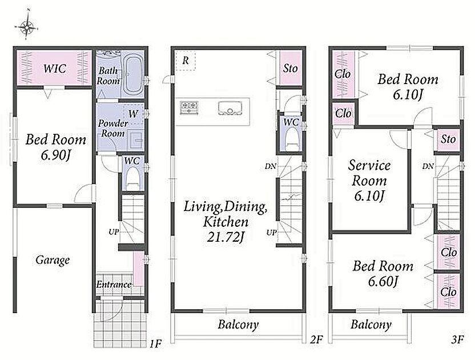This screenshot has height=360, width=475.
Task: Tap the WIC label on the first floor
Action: coord(55,68)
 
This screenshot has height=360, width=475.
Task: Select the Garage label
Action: coord(53,260)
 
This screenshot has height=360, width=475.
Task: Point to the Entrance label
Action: coord(114,285)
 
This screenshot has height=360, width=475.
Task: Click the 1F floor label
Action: coord(155,344)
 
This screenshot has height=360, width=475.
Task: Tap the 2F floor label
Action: coord(316,339)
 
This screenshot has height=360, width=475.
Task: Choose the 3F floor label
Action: coord(457,339)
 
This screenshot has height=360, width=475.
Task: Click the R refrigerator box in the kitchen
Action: coord(186,61)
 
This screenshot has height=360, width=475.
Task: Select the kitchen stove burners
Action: coord(190,107)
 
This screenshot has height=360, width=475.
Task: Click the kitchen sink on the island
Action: coord(231,108)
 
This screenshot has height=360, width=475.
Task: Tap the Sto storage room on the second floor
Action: coord(291,68)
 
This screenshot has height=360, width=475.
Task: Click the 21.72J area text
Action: coord(226,236)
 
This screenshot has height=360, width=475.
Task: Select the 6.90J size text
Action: coord(56,155)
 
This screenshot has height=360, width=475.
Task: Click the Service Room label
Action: coord(369,173)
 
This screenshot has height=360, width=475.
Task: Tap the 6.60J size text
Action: coord(383,281)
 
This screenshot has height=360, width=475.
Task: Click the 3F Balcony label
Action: coord(371,325)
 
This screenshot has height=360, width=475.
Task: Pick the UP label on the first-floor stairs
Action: coord(114,232)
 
